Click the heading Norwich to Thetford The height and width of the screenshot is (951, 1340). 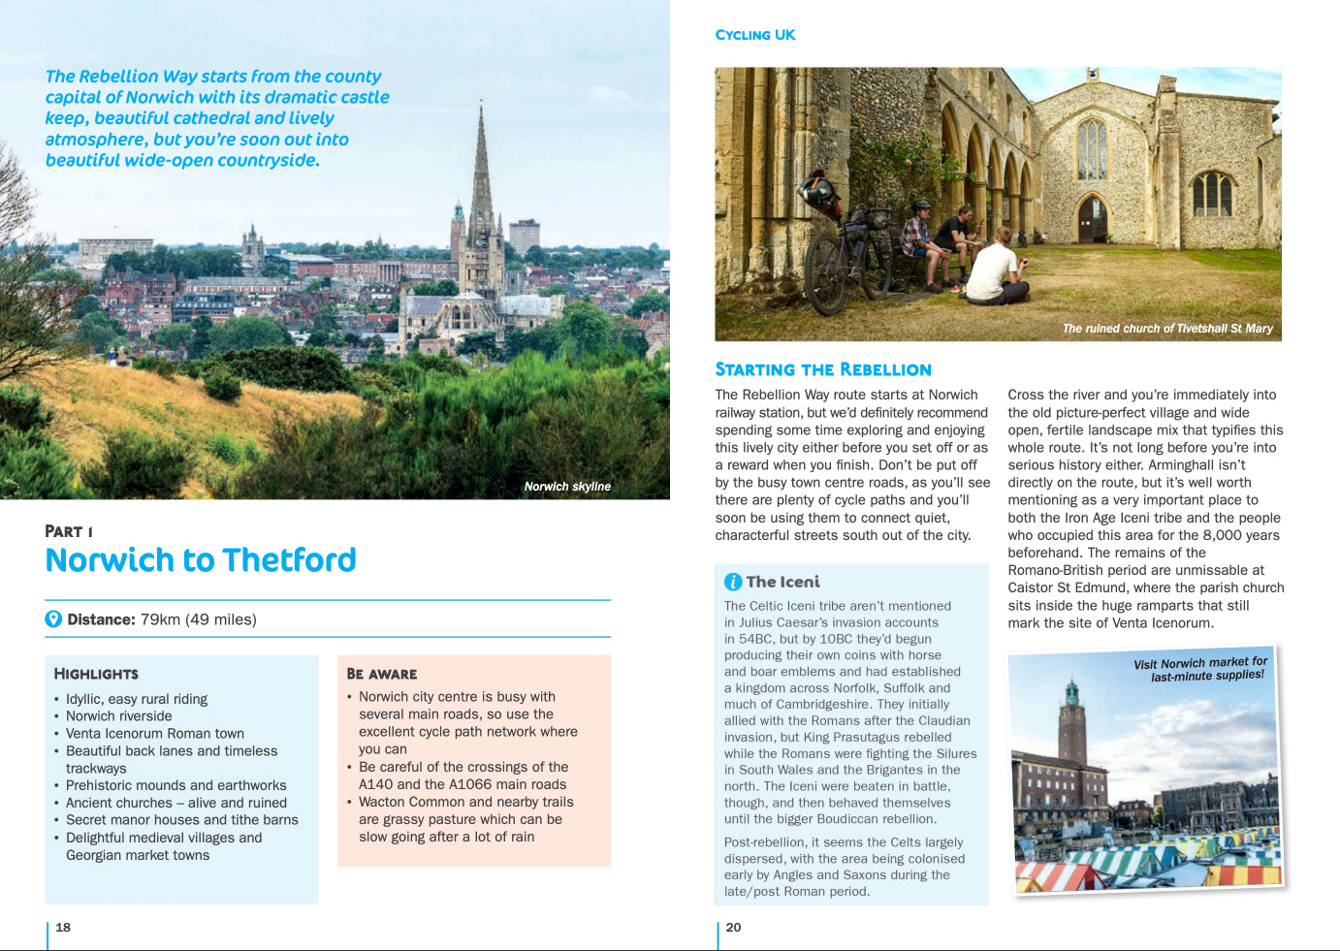[201, 560]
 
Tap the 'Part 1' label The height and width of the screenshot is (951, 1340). [69, 531]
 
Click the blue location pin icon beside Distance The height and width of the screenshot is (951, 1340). [53, 619]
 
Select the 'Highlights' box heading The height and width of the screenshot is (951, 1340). [96, 674]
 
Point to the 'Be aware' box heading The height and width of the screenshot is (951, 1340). [382, 674]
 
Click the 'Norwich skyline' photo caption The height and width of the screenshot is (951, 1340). [567, 487]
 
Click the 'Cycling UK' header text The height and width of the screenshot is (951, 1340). [755, 35]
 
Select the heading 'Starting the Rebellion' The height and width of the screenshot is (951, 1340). [823, 369]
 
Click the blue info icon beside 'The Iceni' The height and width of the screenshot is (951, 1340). [733, 582]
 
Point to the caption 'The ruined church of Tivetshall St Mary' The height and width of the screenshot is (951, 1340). [1167, 329]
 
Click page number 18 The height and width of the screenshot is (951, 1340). [63, 928]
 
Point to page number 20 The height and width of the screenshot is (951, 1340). [733, 928]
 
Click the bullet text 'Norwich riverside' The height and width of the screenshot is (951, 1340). [118, 716]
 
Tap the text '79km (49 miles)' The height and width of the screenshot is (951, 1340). [198, 619]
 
